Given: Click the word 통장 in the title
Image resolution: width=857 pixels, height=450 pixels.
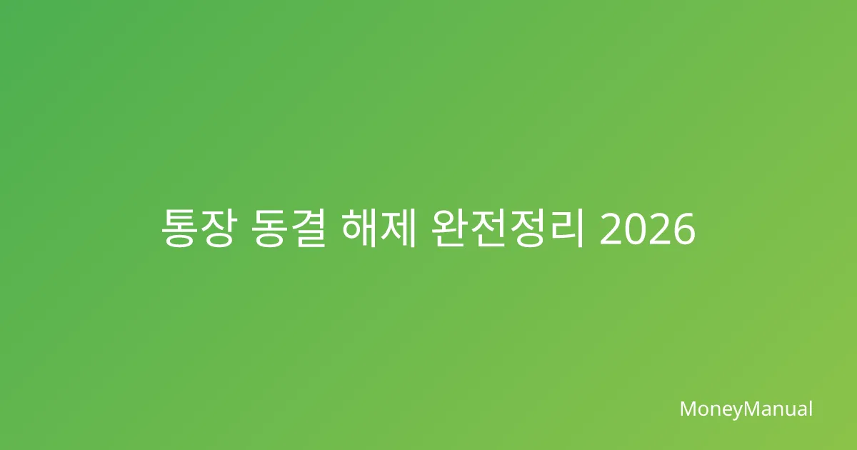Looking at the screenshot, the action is point(197,229).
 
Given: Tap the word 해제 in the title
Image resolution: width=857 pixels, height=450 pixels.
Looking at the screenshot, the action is point(379,228).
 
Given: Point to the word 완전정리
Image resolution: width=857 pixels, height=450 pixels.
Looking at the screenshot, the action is point(507,229).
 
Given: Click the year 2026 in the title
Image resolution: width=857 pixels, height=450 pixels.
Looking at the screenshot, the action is point(647,229).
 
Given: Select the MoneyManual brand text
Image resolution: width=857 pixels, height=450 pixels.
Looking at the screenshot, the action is point(746,409).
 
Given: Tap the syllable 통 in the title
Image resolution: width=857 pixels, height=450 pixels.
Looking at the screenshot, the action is point(178,229).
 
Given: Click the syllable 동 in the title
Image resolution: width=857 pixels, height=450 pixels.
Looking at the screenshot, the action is point(270,229).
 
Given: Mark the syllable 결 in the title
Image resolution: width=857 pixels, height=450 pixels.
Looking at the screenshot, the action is point(308,229).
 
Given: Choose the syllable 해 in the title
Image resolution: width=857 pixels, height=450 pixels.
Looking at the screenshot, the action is point(360,228).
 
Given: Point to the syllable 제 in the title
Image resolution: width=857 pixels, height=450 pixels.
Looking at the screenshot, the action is point(398,228).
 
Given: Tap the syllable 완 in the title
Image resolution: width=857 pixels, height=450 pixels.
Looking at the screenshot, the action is point(451,229).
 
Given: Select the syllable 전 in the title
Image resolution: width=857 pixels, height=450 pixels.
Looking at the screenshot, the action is point(488,229).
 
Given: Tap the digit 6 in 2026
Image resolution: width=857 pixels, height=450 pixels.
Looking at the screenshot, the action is point(683,229).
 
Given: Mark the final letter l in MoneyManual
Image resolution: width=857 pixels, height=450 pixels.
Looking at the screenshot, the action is point(811,408).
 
